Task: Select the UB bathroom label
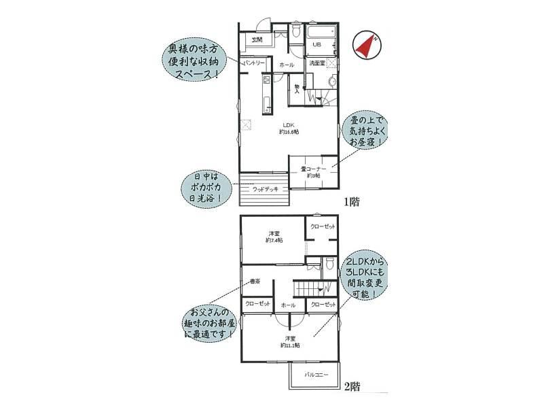pyautogui.click(x=316, y=45)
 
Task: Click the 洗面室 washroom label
pyautogui.click(x=317, y=63)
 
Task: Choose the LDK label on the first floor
pyautogui.click(x=288, y=128)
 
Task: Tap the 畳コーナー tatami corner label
pyautogui.click(x=313, y=171)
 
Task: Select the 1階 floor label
pyautogui.click(x=351, y=201)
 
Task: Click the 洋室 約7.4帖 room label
pyautogui.click(x=274, y=237)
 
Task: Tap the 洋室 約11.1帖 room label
pyautogui.click(x=290, y=341)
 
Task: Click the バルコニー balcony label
pyautogui.click(x=316, y=375)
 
